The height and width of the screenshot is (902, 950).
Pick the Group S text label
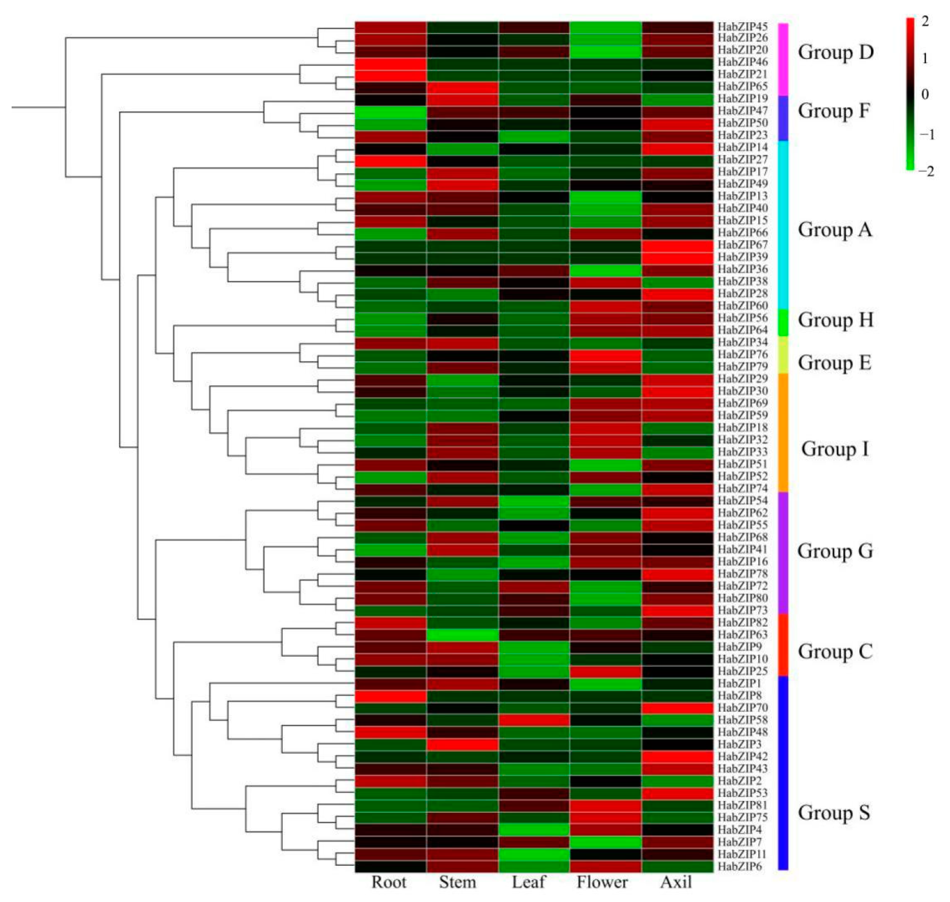(834, 813)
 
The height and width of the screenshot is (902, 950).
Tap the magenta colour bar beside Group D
(783, 59)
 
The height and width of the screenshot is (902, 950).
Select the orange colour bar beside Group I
(783, 432)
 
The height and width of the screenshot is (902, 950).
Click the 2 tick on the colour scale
(926, 21)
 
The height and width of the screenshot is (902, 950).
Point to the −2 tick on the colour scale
(926, 172)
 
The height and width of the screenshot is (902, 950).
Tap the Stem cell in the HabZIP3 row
(462, 744)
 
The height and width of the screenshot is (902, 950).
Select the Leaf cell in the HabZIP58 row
(534, 720)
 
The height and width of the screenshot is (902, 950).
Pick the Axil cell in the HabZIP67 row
(677, 245)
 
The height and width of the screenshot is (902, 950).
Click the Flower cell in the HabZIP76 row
(605, 354)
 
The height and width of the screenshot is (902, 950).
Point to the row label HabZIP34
(742, 342)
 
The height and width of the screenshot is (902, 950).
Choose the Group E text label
(835, 362)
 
